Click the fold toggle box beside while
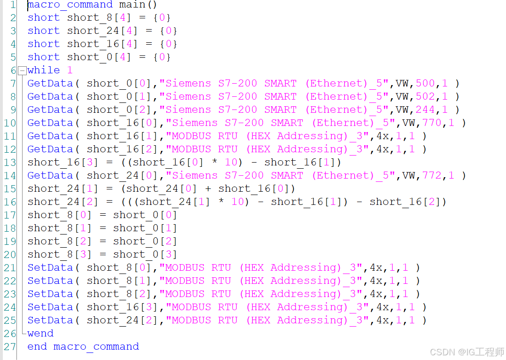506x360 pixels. coord(22,70)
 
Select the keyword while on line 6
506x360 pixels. coord(44,70)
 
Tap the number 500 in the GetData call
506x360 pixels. coord(425,84)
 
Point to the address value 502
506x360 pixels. coord(425,97)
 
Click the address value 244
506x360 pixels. coord(425,110)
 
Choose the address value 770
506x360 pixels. coord(432,123)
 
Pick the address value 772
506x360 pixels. coord(432,176)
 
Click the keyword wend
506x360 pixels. coord(40,334)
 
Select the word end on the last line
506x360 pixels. coord(37,347)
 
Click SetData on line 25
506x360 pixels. coord(50,321)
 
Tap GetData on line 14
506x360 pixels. coord(50,176)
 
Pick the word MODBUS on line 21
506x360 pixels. coord(185,268)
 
